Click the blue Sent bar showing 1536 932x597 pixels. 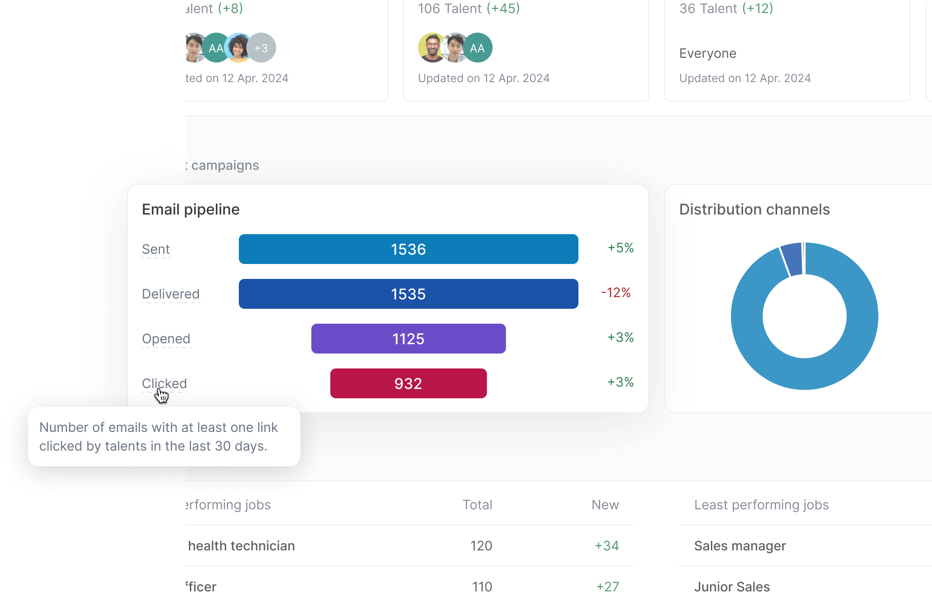(x=408, y=249)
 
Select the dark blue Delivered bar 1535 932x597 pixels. (x=408, y=294)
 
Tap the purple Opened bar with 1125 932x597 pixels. (x=408, y=339)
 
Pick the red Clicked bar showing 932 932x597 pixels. (x=408, y=383)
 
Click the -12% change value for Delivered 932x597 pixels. (x=616, y=293)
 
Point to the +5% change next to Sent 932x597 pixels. (x=620, y=248)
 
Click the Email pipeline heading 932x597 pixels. (x=190, y=209)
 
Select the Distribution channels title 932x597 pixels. (x=754, y=209)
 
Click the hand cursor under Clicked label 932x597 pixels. (x=161, y=396)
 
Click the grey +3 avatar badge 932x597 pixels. (x=261, y=48)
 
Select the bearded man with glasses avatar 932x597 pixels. (x=432, y=48)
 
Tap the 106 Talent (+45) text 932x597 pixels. (x=468, y=8)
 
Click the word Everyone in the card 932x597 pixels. (x=708, y=54)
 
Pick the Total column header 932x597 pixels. (x=477, y=505)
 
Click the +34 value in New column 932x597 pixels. (x=606, y=546)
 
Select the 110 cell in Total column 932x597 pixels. (x=482, y=587)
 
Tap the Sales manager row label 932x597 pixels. (x=740, y=546)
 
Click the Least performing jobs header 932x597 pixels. (x=761, y=505)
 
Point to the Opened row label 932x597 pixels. (x=166, y=339)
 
